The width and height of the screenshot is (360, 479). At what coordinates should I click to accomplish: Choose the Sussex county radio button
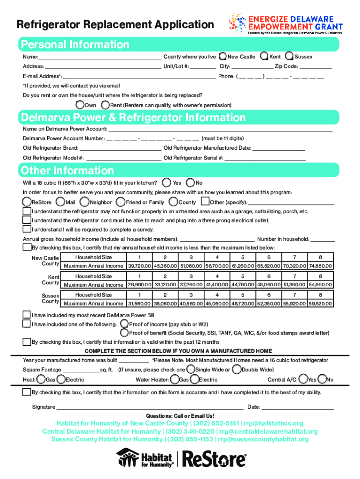(x=290, y=57)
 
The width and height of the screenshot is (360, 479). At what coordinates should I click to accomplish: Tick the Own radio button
(x=81, y=105)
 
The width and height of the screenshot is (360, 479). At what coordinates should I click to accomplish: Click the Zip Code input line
(x=316, y=67)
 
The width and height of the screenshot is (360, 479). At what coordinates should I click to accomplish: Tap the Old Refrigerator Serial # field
(x=265, y=158)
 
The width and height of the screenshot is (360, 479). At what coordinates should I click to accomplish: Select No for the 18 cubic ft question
(x=191, y=182)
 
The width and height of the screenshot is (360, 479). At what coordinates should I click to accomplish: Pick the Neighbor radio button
(x=85, y=202)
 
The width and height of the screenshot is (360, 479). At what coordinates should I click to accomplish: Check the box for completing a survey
(x=27, y=229)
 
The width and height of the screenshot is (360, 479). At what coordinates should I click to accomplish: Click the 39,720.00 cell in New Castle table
(x=139, y=266)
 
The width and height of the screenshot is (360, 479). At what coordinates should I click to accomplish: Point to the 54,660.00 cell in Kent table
(x=320, y=285)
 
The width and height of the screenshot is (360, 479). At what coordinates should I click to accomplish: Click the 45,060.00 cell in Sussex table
(x=217, y=304)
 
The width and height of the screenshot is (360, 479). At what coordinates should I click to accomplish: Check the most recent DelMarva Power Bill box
(x=27, y=315)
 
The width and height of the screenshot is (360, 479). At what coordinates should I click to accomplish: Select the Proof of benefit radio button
(x=124, y=333)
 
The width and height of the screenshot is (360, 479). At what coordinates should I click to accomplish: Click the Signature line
(x=150, y=407)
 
